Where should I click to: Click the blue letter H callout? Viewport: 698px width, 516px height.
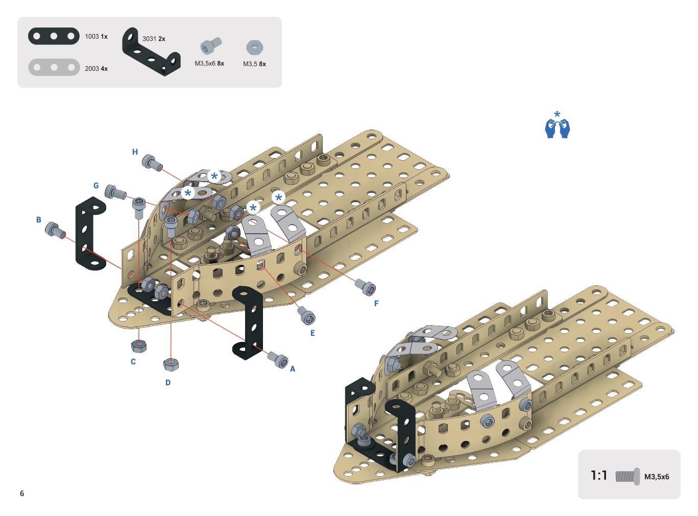135,152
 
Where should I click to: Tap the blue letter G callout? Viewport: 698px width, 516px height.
96,186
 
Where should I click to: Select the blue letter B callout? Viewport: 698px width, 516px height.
39,220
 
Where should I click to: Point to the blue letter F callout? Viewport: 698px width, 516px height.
376,304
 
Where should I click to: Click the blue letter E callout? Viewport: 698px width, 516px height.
312,333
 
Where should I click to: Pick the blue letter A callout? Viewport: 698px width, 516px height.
293,369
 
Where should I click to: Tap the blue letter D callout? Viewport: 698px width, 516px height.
167,383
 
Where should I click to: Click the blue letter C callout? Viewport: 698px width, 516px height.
133,362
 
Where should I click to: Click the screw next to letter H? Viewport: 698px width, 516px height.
152,162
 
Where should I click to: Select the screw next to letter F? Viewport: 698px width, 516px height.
366,287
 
